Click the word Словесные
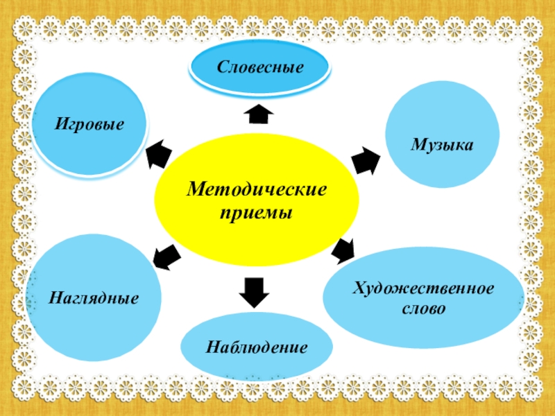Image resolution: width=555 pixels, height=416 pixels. (260, 68)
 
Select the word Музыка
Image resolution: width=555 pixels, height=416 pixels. (441, 144)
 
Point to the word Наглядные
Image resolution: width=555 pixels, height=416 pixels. (94, 299)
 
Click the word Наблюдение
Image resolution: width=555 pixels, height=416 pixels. (256, 345)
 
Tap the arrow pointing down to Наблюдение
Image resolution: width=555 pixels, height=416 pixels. (254, 292)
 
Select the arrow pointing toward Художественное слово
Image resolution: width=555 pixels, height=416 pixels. (343, 250)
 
